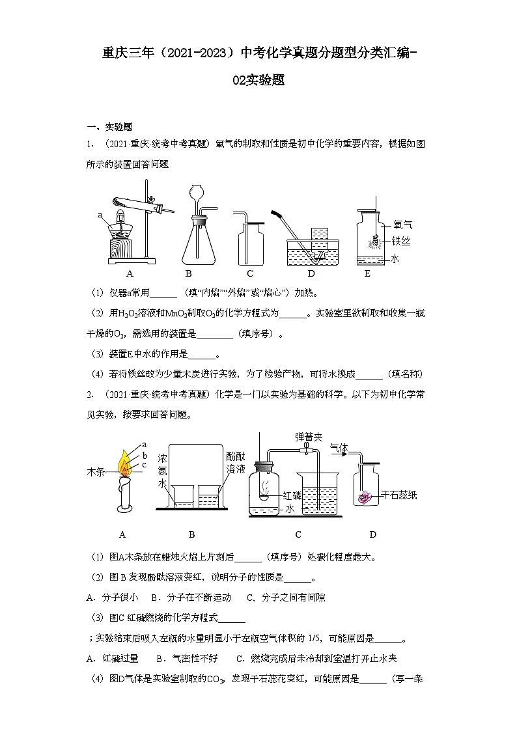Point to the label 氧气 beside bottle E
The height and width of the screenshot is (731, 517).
tap(403, 225)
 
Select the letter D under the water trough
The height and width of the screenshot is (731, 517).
tap(311, 273)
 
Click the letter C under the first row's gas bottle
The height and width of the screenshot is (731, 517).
tap(249, 273)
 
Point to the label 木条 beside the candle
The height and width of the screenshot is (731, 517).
tap(96, 470)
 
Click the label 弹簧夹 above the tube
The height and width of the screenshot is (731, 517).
tap(309, 437)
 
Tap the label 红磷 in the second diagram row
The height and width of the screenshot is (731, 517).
tap(292, 495)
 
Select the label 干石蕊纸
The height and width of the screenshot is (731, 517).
tap(398, 495)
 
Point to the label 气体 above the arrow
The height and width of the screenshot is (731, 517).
tap(339, 448)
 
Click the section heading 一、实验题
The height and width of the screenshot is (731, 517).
tap(109, 127)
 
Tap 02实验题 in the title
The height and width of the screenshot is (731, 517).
tap(258, 81)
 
